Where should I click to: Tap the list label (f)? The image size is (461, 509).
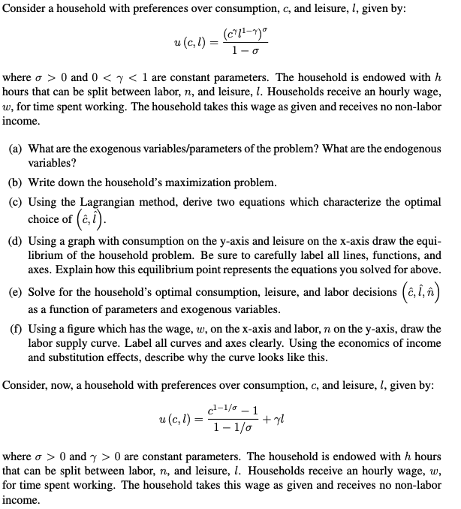point(15,329)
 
